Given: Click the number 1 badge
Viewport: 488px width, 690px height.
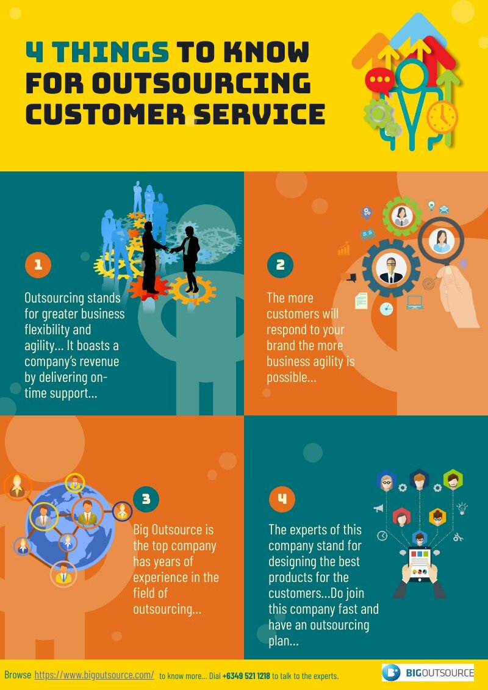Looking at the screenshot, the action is (x=38, y=265).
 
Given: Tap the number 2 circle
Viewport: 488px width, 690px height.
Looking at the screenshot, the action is (x=280, y=265).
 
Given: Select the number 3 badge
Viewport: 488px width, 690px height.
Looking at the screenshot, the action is (x=146, y=499).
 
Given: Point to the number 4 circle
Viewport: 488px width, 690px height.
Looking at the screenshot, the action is (x=282, y=499).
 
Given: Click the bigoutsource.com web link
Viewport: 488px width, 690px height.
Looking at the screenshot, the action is (x=94, y=675).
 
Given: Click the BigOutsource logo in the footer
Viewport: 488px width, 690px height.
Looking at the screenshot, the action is (x=428, y=672).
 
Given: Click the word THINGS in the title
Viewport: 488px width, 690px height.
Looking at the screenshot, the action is (x=112, y=52).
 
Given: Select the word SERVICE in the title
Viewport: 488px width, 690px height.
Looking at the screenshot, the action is (x=259, y=114).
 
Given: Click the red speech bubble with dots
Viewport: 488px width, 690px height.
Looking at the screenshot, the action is (x=379, y=81).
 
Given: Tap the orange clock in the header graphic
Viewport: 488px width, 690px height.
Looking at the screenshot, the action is (x=442, y=117).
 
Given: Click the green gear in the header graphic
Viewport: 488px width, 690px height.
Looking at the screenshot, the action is (x=378, y=114).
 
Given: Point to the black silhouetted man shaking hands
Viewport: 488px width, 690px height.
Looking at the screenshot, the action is (x=152, y=257).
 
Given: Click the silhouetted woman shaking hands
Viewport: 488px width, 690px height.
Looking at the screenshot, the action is (x=187, y=259).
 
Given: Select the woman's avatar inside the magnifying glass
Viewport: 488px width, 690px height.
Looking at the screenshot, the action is (x=441, y=240).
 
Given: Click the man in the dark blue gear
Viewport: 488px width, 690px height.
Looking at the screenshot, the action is (x=391, y=268).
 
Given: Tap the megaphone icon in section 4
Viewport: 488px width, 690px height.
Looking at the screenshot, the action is (x=378, y=509).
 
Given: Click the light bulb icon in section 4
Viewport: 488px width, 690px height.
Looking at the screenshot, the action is (x=462, y=508).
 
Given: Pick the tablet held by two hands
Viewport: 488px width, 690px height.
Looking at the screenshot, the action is (x=419, y=564).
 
